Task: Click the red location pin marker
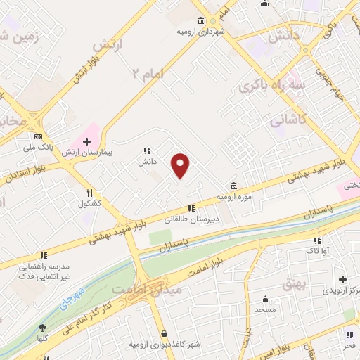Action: coord(181,165)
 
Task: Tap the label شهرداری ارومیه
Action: coord(201,32)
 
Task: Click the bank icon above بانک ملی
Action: coord(38,136)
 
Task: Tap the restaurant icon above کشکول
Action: coord(89,193)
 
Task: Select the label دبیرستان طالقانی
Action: coord(191,219)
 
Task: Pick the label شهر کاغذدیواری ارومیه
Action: coord(164,345)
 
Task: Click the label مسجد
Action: coord(264,310)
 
